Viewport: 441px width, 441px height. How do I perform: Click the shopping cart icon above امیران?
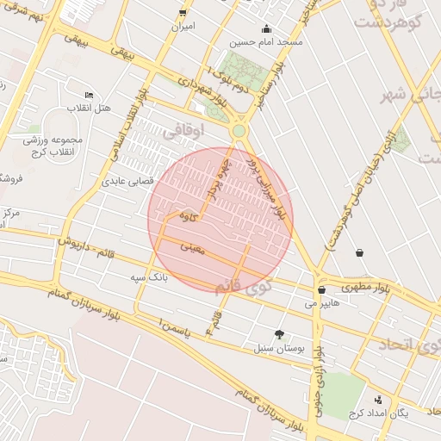click(183, 12)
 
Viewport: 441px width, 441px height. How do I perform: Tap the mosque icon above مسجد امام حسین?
click(266, 28)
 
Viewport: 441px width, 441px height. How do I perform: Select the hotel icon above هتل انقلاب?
click(90, 95)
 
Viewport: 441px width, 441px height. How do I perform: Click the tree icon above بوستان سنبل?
click(279, 333)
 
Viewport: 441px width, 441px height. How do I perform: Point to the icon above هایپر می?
click(321, 290)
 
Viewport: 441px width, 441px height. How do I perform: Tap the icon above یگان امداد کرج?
click(380, 399)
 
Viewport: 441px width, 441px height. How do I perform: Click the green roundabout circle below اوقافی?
click(239, 131)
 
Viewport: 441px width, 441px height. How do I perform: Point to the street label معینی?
click(194, 248)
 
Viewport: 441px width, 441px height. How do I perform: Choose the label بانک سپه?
click(147, 277)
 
